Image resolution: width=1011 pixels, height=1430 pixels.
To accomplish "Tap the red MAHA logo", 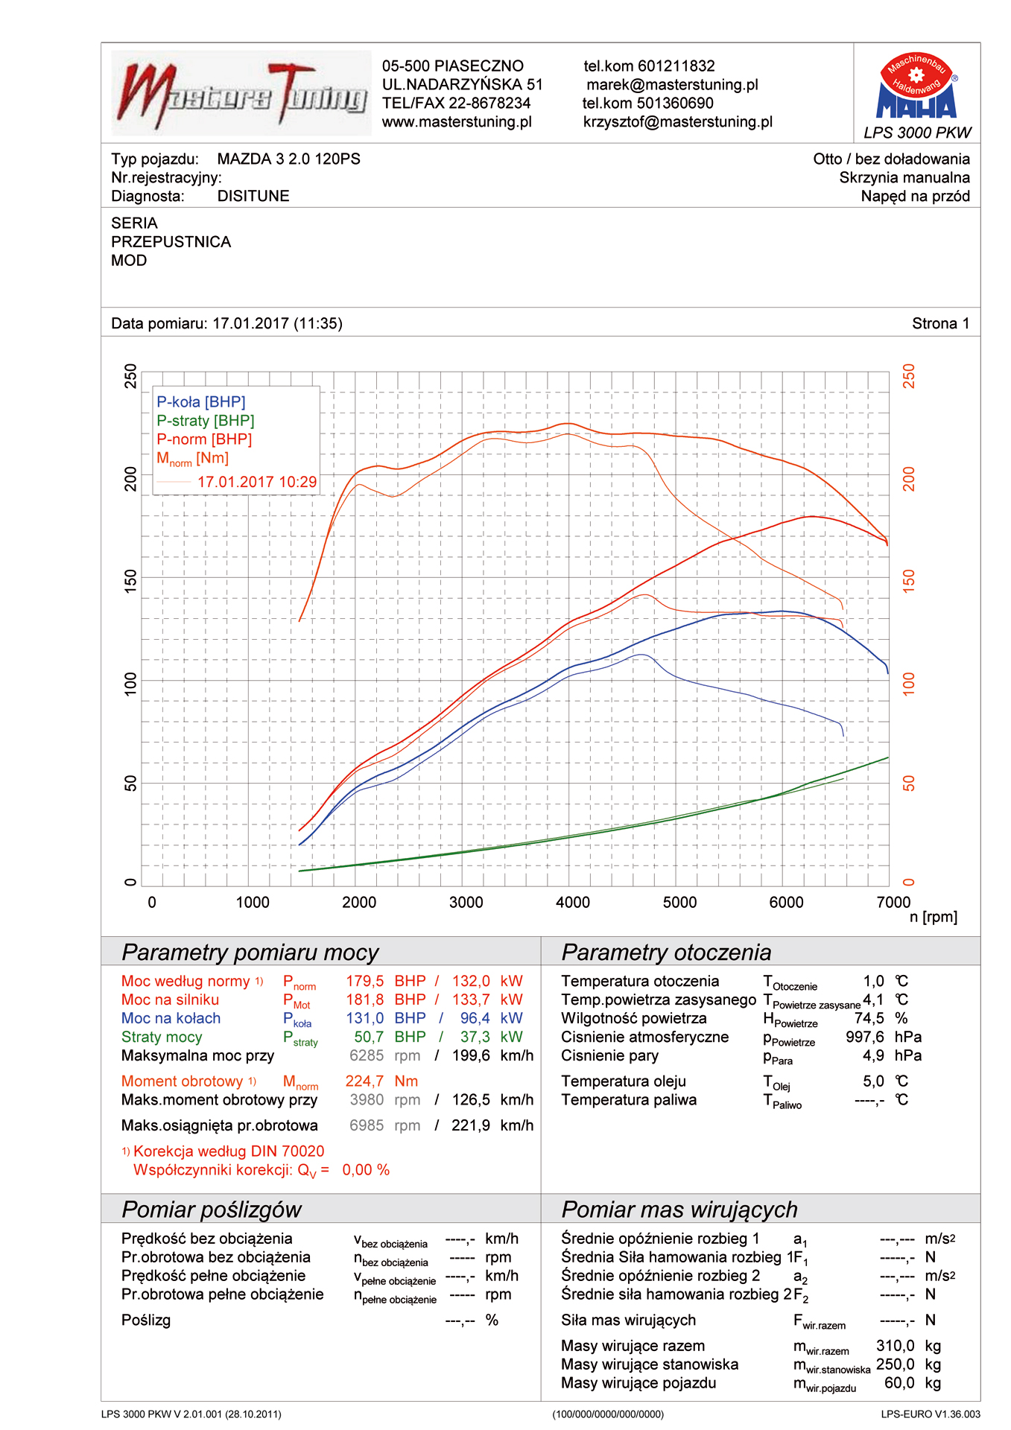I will coord(917,87).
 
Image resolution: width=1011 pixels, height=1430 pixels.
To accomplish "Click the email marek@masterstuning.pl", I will coord(672,85).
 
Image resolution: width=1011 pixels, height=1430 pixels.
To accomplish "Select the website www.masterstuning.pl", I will coord(457,122).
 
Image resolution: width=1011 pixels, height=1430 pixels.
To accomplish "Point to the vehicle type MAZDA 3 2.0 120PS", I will coord(288,159).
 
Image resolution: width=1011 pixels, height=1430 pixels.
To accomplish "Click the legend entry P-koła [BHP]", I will coord(201,402).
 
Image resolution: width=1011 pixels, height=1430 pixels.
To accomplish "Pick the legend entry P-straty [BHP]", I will coord(206,421).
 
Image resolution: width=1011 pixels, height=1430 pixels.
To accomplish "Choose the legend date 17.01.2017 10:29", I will coord(257,482).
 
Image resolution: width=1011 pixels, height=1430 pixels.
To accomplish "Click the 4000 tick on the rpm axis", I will coord(572,903).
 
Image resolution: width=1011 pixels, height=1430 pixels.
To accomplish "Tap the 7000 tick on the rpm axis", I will coord(893,903).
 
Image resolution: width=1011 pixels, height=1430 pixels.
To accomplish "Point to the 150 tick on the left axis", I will coord(131,581).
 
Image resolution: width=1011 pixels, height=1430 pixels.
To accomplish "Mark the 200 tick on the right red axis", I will coord(909,479).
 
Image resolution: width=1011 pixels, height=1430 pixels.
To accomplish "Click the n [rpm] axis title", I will coord(933,918).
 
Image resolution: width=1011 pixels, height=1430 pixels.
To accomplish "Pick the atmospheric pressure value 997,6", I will coord(864,1037).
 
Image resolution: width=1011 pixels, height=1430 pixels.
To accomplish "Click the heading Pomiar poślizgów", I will coord(212,1210).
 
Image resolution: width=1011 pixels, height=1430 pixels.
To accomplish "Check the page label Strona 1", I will coord(940,324).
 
